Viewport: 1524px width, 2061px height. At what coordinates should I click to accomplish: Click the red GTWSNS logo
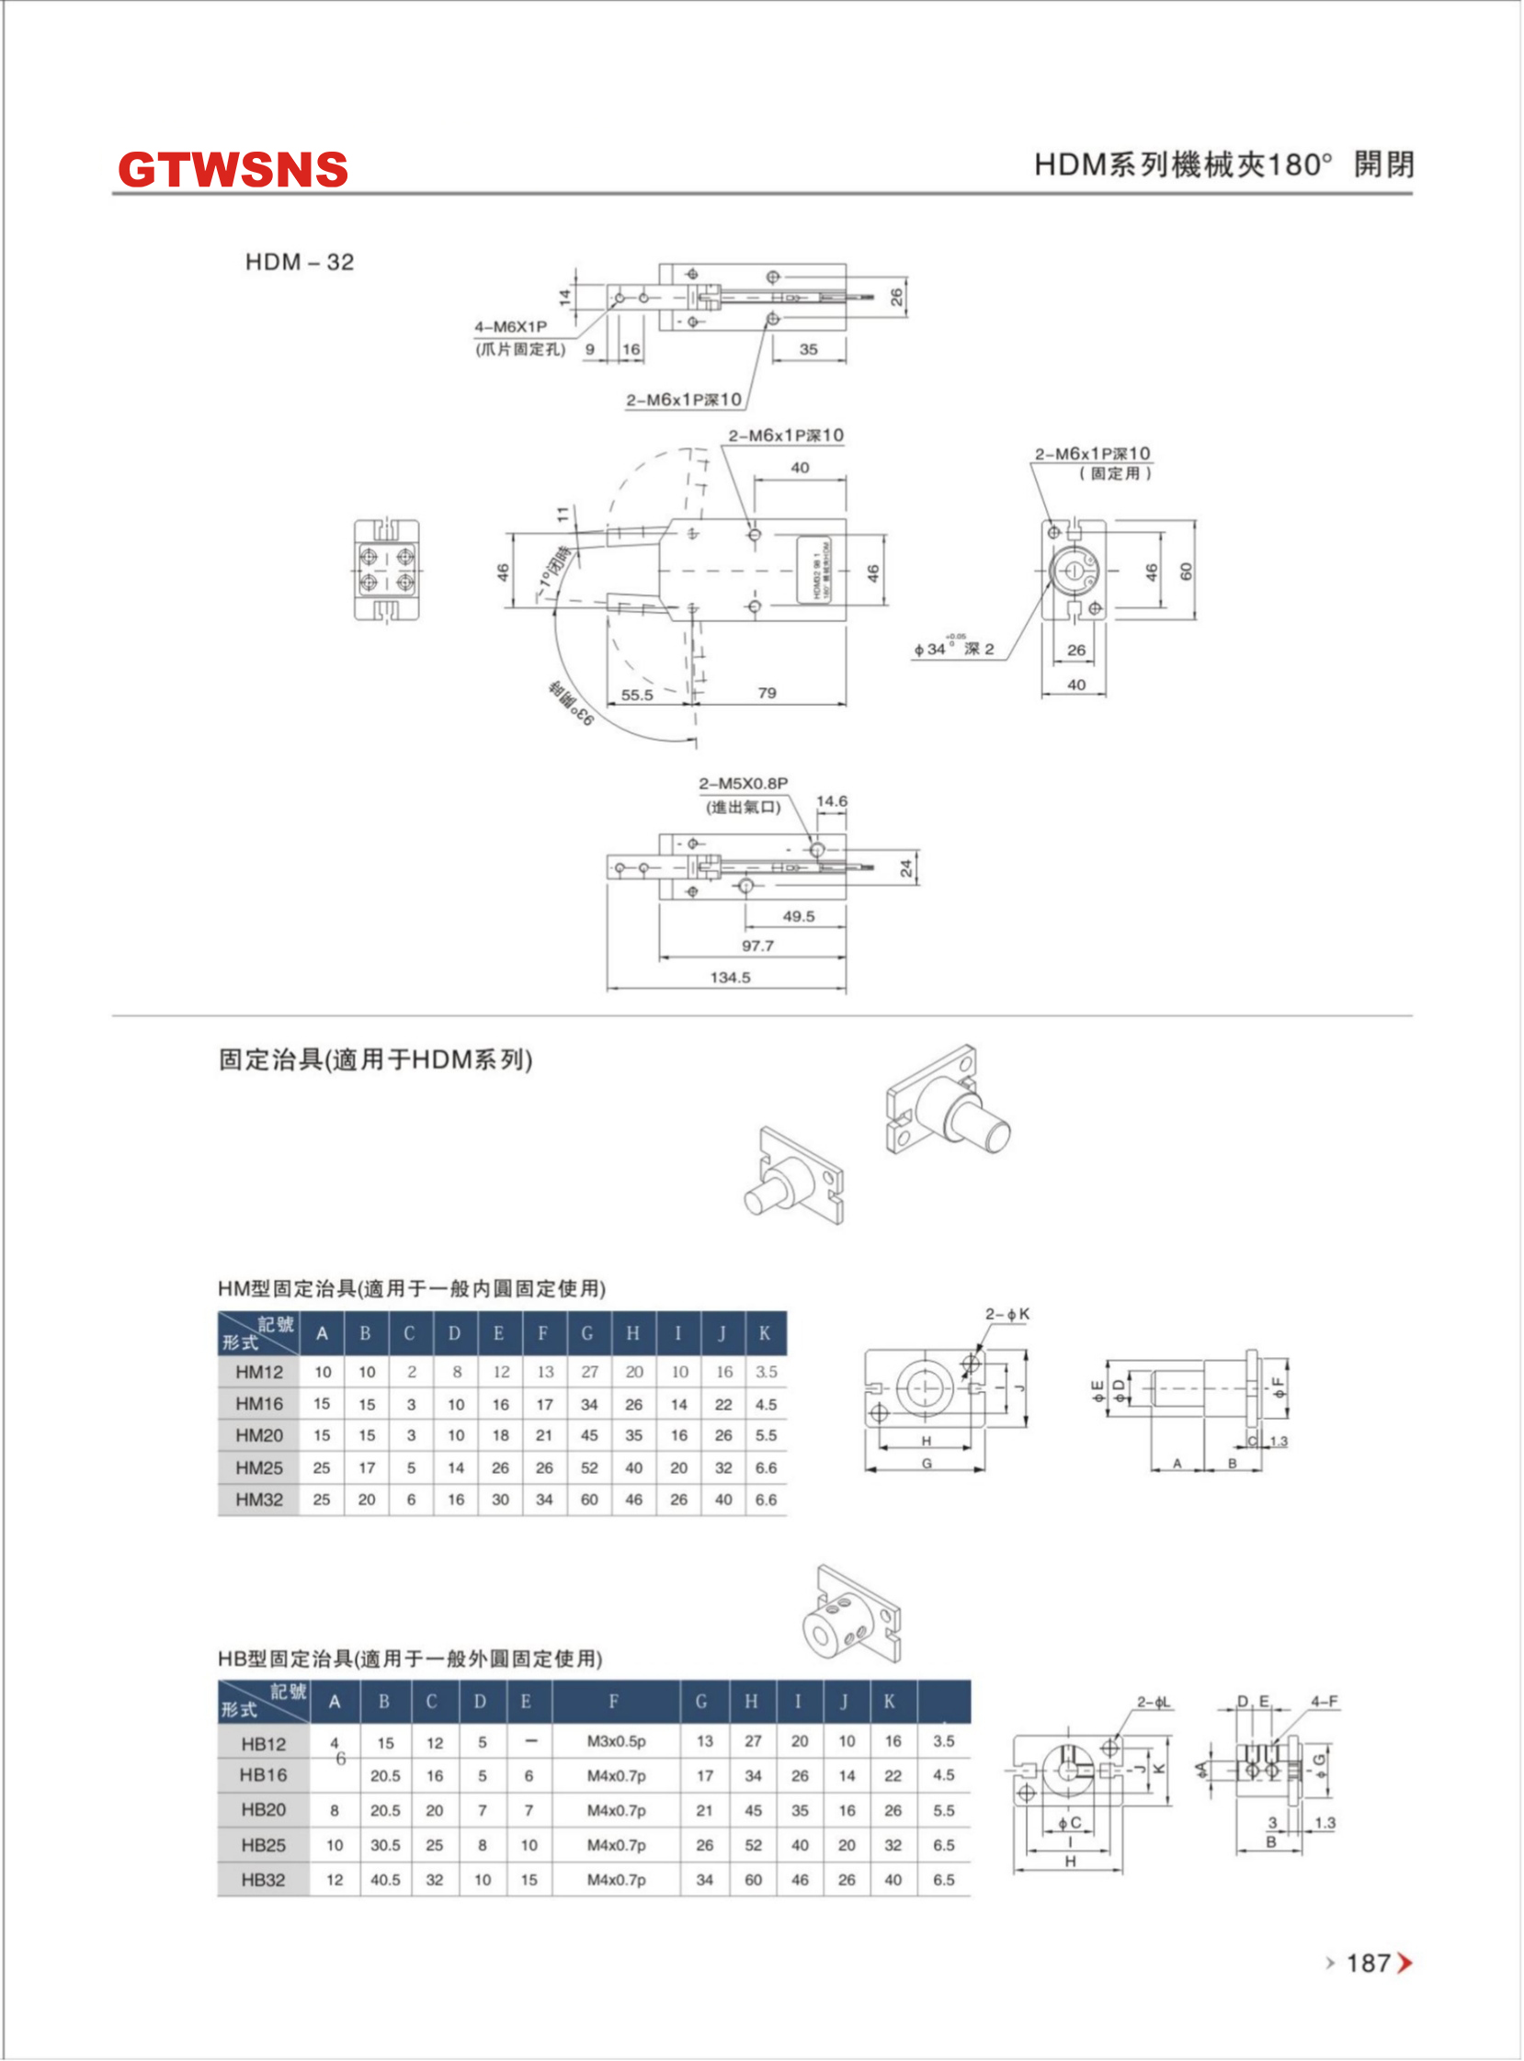pyautogui.click(x=233, y=170)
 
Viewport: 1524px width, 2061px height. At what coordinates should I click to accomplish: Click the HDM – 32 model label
pyautogui.click(x=299, y=262)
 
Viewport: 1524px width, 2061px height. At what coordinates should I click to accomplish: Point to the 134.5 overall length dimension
pyautogui.click(x=730, y=977)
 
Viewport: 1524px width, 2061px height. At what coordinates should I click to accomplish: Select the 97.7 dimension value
pyautogui.click(x=757, y=946)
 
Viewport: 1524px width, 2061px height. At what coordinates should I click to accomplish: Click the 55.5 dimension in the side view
pyautogui.click(x=637, y=695)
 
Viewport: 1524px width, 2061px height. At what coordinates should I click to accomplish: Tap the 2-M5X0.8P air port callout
pyautogui.click(x=743, y=783)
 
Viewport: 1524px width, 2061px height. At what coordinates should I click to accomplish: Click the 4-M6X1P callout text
pyautogui.click(x=510, y=326)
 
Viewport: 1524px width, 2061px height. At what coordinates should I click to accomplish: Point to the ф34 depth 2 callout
pyautogui.click(x=953, y=649)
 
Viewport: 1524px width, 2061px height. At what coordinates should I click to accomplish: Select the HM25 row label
pyautogui.click(x=259, y=1467)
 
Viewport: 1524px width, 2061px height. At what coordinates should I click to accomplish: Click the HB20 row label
pyautogui.click(x=263, y=1809)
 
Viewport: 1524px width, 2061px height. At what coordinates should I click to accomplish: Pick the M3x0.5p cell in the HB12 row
pyautogui.click(x=616, y=1741)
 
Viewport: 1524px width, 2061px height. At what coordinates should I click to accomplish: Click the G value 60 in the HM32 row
pyautogui.click(x=588, y=1500)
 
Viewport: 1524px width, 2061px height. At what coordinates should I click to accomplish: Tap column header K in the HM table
pyautogui.click(x=765, y=1332)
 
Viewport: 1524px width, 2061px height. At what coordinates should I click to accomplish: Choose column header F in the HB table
pyautogui.click(x=613, y=1702)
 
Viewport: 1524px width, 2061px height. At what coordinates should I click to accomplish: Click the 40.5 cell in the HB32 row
pyautogui.click(x=385, y=1879)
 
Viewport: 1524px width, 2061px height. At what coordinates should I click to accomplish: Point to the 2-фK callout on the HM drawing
pyautogui.click(x=1007, y=1313)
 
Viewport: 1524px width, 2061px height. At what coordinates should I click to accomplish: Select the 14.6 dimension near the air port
pyautogui.click(x=831, y=800)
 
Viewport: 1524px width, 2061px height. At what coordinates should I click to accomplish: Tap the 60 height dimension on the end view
pyautogui.click(x=1187, y=571)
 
